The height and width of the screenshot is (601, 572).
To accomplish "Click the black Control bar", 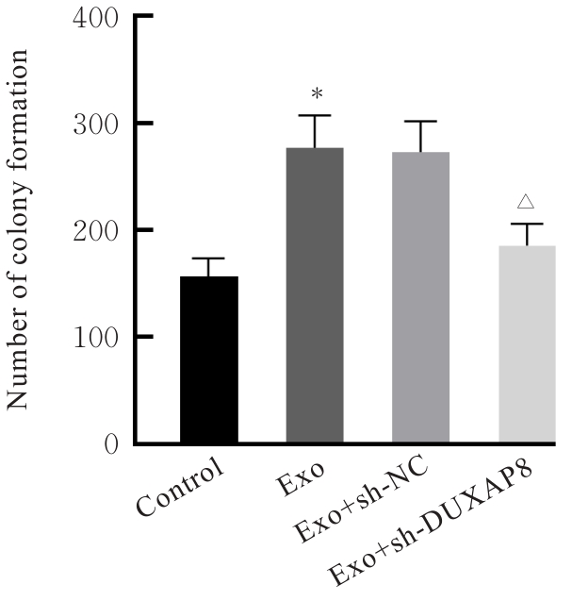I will click(x=209, y=359).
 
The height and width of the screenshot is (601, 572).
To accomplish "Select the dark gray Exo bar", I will click(x=315, y=295).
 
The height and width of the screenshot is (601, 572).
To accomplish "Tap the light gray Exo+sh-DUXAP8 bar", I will click(x=527, y=344).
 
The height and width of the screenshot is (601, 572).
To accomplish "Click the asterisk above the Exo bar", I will click(x=317, y=93).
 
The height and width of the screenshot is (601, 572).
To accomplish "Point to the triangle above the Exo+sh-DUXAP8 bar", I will click(x=527, y=201).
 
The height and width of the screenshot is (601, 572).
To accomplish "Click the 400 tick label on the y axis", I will click(x=98, y=18).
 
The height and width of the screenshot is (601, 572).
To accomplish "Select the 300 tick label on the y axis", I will click(x=98, y=124).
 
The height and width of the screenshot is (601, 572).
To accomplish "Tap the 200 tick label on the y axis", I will click(x=98, y=230).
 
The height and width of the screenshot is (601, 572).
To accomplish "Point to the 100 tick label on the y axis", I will click(x=98, y=337).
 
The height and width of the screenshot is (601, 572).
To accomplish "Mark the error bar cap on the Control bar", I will click(x=209, y=258).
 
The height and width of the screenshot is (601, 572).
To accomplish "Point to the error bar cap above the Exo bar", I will click(x=315, y=115).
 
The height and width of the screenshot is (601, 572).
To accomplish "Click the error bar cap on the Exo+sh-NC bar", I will click(x=421, y=121).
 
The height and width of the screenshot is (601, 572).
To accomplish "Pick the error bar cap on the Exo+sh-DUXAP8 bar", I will click(x=527, y=224).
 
